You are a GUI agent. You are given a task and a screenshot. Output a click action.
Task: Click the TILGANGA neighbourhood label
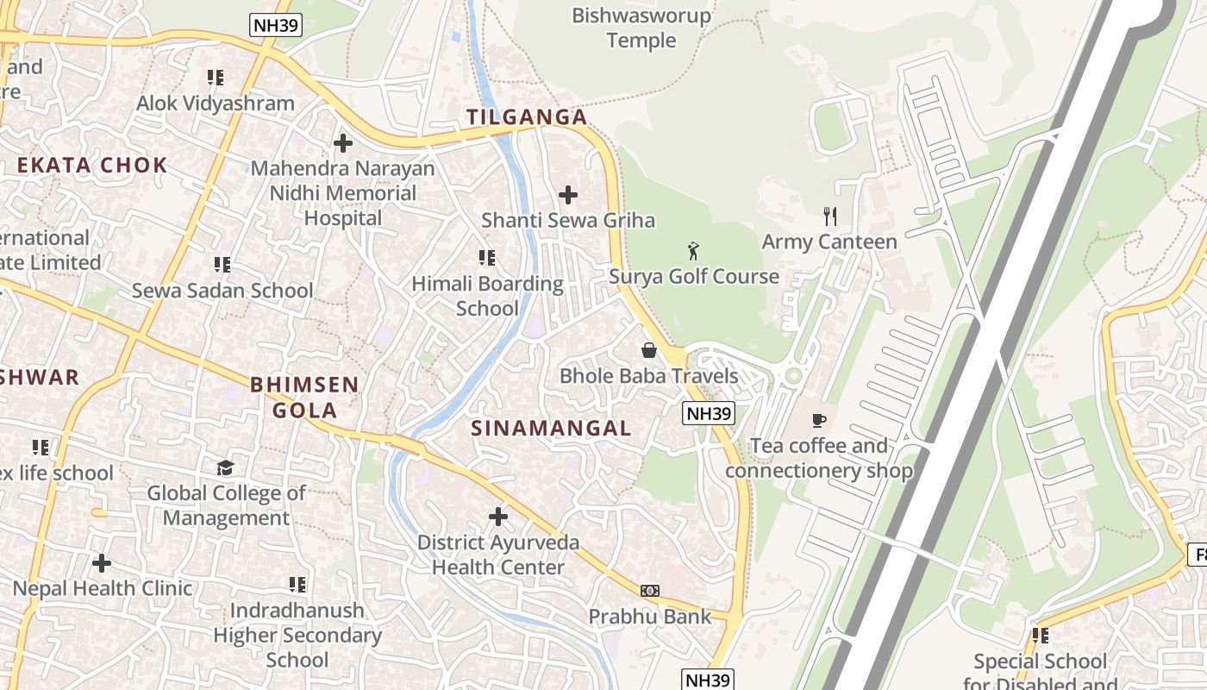pyautogui.click(x=526, y=117)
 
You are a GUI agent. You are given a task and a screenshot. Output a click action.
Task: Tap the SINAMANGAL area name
pyautogui.click(x=551, y=428)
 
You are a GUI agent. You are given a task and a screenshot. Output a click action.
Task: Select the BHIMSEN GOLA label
pyautogui.click(x=304, y=397)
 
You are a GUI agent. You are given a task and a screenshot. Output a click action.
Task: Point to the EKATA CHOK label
pyautogui.click(x=92, y=166)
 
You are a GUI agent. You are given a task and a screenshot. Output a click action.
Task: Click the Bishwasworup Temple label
pyautogui.click(x=641, y=28)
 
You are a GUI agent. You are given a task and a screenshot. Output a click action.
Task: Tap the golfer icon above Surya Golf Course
pyautogui.click(x=693, y=252)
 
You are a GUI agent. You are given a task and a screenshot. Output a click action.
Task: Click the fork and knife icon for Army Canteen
pyautogui.click(x=830, y=216)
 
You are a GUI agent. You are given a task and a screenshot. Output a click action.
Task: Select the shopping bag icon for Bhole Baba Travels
pyautogui.click(x=649, y=350)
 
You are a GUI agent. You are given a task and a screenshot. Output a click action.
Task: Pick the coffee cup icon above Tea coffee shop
pyautogui.click(x=818, y=420)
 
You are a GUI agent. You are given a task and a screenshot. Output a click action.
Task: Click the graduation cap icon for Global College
pyautogui.click(x=225, y=467)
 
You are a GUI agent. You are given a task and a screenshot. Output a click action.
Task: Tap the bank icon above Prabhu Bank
pyautogui.click(x=650, y=591)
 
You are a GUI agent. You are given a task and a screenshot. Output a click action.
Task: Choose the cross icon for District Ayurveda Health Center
pyautogui.click(x=498, y=517)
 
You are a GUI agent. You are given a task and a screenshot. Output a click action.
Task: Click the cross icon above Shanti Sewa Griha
pyautogui.click(x=568, y=195)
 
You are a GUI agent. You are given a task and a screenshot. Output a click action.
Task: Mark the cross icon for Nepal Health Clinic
pyautogui.click(x=102, y=563)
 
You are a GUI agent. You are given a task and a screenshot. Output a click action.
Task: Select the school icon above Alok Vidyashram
pyautogui.click(x=216, y=78)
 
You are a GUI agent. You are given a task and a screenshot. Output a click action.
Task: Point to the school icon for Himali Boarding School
pyautogui.click(x=487, y=258)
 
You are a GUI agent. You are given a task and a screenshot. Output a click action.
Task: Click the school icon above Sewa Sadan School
pyautogui.click(x=222, y=265)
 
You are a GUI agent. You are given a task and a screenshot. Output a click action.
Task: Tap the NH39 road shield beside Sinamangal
pyautogui.click(x=709, y=414)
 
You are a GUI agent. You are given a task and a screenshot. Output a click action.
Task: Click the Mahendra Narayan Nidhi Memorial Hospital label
pyautogui.click(x=343, y=193)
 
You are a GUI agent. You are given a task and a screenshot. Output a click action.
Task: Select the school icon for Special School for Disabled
pyautogui.click(x=1041, y=636)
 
